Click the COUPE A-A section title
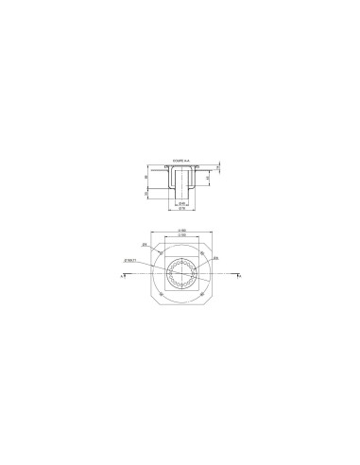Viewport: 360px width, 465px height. pos(180,161)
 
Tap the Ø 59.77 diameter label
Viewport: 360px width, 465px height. pos(131,259)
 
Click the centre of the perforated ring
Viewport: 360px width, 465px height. pos(180,275)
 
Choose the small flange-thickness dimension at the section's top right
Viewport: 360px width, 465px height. pos(216,167)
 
